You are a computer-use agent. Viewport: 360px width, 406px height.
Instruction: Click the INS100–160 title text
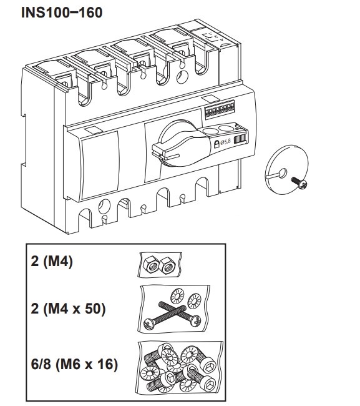62,12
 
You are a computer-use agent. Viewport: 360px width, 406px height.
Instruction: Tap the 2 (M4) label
52,261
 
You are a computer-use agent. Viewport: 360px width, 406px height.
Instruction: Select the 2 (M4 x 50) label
68,309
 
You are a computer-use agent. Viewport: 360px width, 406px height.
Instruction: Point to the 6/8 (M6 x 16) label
74,364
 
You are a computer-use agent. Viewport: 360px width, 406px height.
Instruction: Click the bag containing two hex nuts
160,265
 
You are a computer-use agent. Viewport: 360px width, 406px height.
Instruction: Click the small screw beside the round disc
299,182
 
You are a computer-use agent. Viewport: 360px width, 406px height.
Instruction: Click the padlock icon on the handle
216,144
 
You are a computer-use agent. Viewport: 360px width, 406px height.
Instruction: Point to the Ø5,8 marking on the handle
225,142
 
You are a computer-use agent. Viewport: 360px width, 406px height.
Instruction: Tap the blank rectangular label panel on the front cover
100,165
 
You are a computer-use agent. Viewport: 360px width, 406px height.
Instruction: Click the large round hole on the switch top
182,77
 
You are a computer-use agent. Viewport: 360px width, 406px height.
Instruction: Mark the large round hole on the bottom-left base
104,206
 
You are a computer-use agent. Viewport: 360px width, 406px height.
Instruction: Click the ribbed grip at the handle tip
240,139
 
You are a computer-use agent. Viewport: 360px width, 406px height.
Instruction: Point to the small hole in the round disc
283,173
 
